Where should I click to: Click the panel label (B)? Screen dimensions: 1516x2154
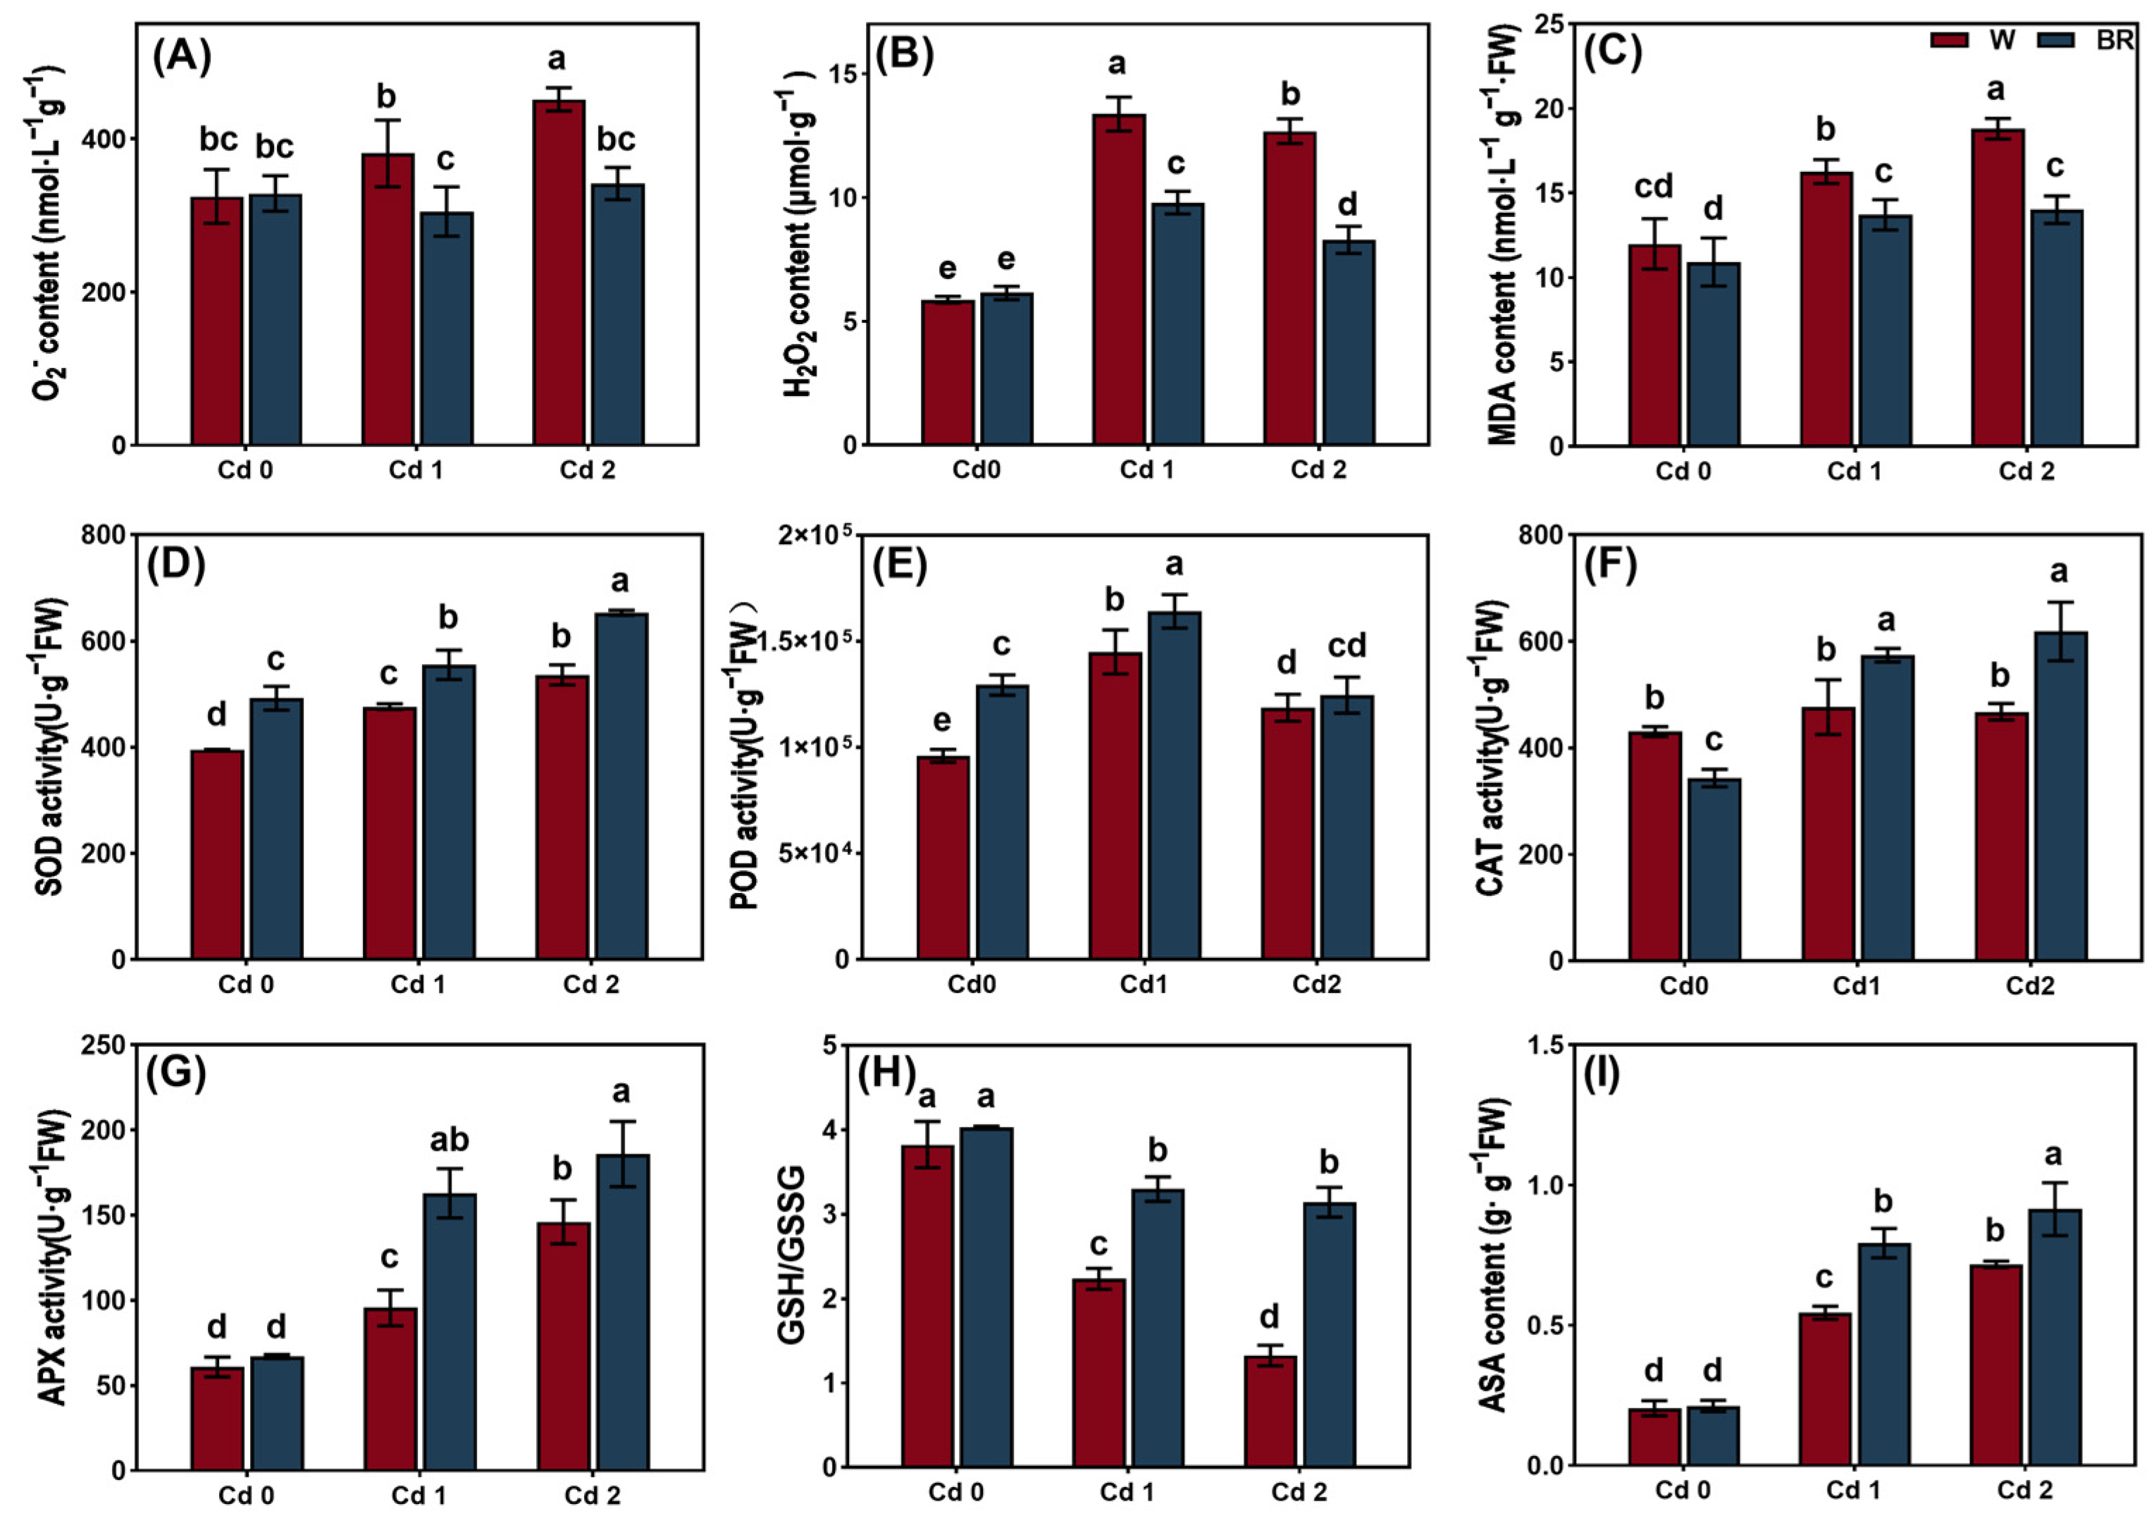905,56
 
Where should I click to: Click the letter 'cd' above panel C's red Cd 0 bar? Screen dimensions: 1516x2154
1653,187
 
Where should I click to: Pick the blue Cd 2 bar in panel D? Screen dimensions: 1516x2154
621,785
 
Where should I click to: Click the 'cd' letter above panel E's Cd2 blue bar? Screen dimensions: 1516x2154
1347,646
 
